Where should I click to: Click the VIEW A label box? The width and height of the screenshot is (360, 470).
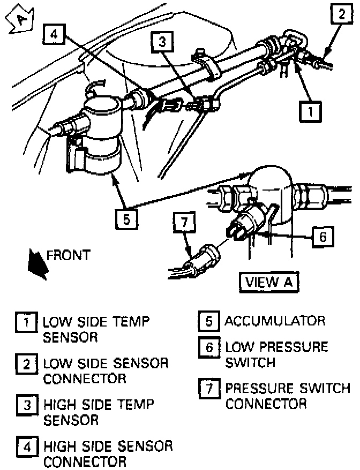(x=270, y=282)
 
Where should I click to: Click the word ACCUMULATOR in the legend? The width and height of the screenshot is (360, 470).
(x=275, y=321)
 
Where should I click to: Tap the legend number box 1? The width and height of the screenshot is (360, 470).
(x=25, y=323)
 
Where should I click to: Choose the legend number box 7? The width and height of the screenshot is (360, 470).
(x=207, y=388)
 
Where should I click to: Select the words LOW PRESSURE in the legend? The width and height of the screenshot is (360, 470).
(x=276, y=347)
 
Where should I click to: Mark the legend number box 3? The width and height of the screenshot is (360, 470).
(x=25, y=405)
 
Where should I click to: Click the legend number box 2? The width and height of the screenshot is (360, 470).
(x=25, y=365)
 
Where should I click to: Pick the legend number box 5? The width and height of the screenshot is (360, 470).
(x=207, y=322)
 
